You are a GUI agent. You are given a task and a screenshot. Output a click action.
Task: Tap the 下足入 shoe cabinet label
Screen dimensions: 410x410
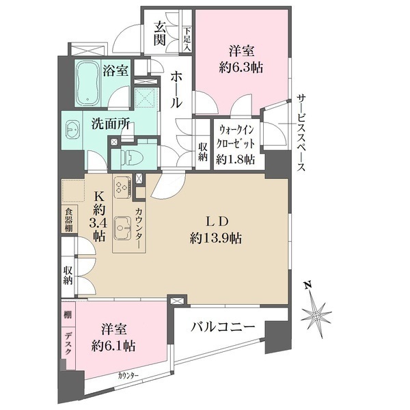coord(187,40)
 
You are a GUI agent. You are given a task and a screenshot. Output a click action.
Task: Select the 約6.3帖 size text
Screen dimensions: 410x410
coord(243,67)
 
